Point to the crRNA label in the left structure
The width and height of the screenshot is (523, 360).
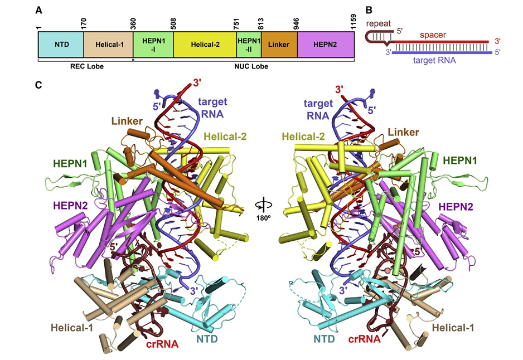pos(162,344)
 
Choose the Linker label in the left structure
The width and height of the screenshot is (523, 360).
pos(126,121)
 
